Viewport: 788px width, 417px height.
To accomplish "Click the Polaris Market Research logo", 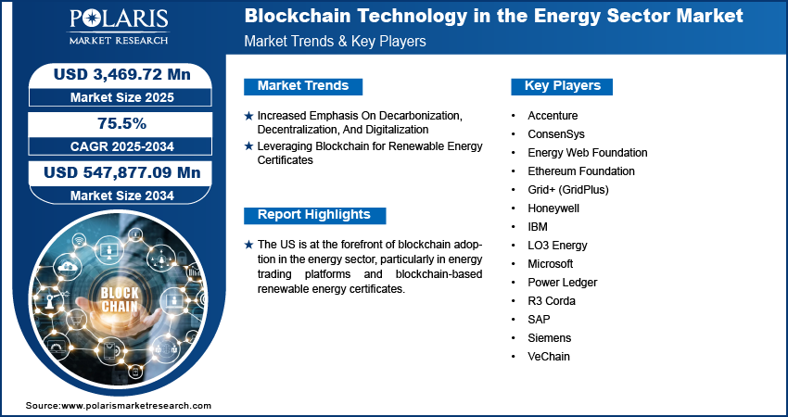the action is (x=119, y=27).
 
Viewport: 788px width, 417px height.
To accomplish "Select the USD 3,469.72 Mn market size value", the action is (x=122, y=74).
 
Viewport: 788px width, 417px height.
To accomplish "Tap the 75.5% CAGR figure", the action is (x=121, y=123).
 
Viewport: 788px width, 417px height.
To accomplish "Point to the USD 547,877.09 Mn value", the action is (x=122, y=173).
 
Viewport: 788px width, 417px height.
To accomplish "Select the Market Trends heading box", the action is (x=303, y=86).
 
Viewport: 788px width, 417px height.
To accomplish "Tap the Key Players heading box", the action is (x=562, y=86).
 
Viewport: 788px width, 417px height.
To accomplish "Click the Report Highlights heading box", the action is (x=314, y=215).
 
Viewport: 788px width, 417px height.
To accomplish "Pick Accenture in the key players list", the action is (x=553, y=116).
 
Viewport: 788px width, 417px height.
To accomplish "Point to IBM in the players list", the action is (x=537, y=227).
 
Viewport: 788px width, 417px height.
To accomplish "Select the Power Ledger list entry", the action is (x=563, y=283).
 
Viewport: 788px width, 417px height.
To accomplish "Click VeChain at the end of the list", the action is (x=549, y=357).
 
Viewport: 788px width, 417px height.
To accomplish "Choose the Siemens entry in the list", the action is (x=550, y=338).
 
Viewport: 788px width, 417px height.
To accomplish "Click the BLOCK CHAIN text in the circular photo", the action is (x=120, y=299).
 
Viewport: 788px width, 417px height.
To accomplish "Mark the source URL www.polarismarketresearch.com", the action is (x=136, y=406).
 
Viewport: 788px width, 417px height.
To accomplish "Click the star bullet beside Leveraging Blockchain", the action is (x=248, y=146).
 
